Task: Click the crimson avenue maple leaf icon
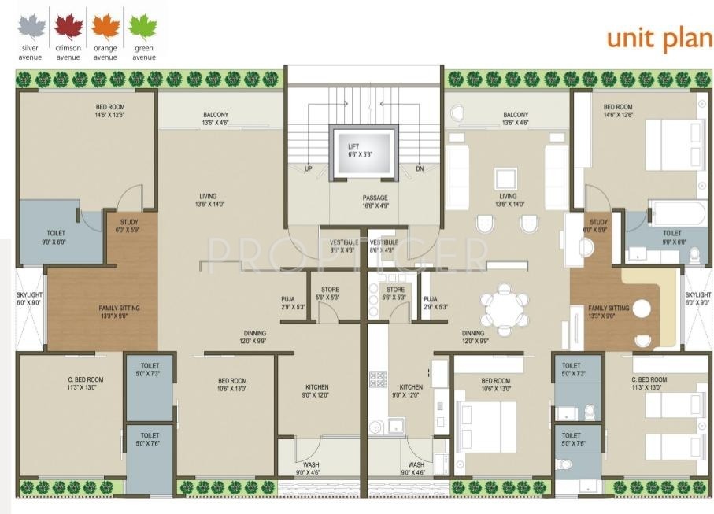click(x=68, y=28)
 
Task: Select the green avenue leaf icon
click(x=142, y=28)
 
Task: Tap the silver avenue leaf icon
click(x=31, y=28)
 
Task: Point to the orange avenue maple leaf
click(x=105, y=28)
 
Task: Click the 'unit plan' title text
click(x=659, y=39)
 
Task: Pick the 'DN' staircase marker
click(x=420, y=169)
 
